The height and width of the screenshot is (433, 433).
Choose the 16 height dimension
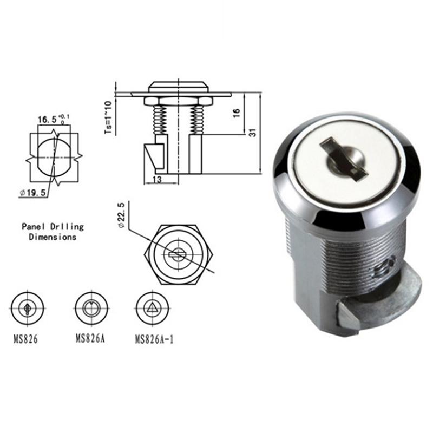[x=235, y=113]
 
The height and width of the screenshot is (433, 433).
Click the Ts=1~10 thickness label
[x=108, y=117]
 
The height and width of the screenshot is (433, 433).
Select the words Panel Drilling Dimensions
[x=53, y=232]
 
